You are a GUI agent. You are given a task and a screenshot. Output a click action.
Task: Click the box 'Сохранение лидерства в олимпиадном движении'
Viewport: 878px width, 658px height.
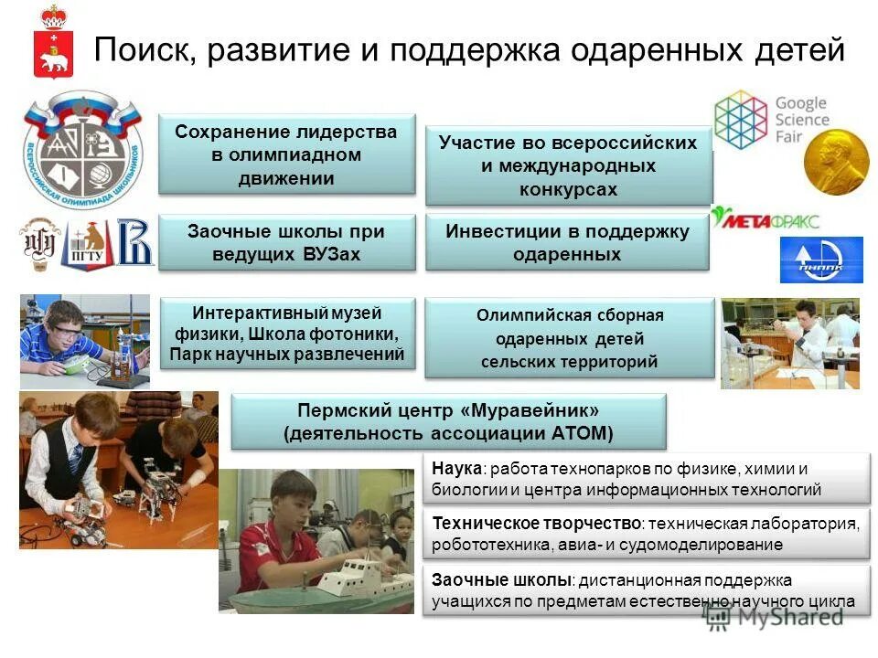click(x=286, y=154)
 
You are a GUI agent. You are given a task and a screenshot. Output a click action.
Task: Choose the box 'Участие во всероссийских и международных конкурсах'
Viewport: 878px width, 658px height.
click(x=568, y=165)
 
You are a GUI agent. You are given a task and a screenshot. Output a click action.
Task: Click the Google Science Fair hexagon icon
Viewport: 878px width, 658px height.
click(x=741, y=119)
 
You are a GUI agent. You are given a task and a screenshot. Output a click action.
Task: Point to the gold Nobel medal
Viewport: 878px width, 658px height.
click(x=836, y=161)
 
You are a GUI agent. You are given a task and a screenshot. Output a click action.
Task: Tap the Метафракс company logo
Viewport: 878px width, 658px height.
click(x=766, y=219)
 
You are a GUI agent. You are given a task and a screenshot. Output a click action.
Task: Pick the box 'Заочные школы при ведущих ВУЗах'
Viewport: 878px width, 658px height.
click(x=286, y=242)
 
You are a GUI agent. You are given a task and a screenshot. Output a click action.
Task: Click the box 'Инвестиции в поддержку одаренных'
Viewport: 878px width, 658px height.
click(x=567, y=242)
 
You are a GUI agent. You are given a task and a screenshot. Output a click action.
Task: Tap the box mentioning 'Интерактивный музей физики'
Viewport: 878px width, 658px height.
click(x=286, y=334)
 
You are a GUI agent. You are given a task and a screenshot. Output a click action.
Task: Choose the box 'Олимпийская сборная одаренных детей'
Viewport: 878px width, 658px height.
click(x=569, y=338)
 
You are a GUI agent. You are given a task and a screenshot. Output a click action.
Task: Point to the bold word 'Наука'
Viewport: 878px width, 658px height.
click(x=456, y=468)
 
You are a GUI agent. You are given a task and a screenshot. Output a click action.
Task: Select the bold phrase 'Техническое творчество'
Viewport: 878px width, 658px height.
click(x=536, y=524)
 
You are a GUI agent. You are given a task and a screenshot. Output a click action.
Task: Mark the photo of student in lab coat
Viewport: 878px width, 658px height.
click(x=787, y=343)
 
